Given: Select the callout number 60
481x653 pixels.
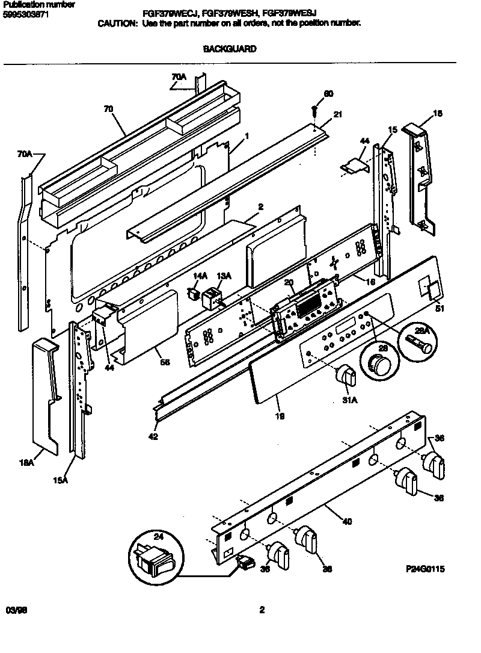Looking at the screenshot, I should [x=328, y=94].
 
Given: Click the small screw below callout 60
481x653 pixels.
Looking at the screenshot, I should [x=314, y=111].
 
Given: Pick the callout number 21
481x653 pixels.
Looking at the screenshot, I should [x=338, y=115].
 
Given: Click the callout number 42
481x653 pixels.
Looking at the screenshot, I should [x=153, y=436].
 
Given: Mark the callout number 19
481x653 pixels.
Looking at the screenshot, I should [x=280, y=415].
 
